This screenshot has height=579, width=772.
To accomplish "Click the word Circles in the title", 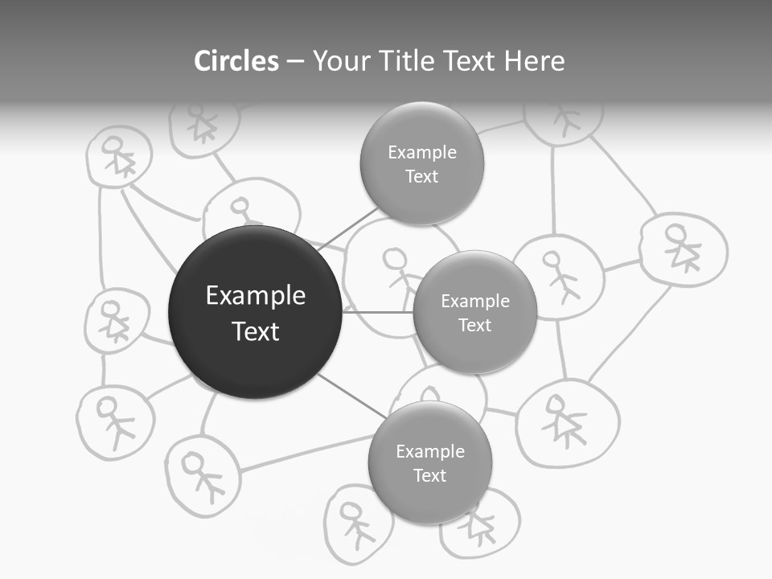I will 236,61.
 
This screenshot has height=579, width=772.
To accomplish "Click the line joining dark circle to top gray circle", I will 347,229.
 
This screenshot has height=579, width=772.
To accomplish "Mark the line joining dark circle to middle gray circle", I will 378,312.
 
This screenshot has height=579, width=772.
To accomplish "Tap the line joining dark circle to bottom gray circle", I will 351,395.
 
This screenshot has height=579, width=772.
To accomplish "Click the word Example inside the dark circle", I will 255,296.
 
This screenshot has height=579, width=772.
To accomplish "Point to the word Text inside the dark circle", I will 255,331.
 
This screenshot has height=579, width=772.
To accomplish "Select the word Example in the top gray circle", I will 422,153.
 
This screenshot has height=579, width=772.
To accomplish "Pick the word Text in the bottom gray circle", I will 430,475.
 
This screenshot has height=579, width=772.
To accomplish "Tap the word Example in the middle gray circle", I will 475,302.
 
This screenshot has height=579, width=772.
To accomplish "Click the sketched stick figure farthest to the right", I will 683,248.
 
